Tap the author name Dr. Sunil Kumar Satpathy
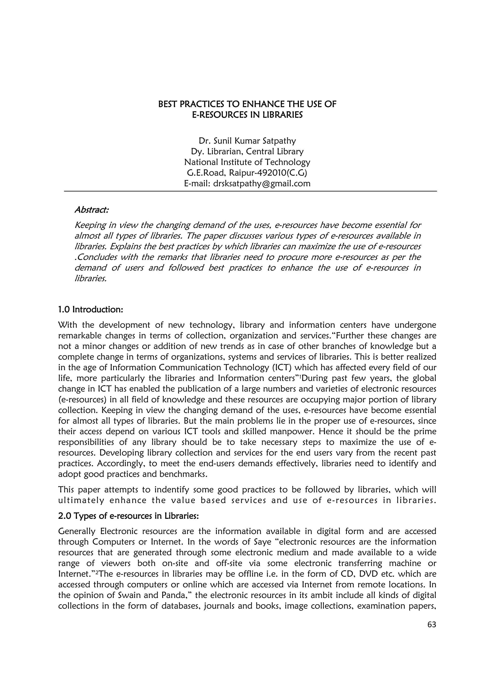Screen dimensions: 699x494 (247, 141)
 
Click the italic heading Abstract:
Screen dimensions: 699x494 (92, 210)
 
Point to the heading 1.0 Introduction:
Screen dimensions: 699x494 (90, 310)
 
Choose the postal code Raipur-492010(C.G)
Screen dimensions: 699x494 (268, 173)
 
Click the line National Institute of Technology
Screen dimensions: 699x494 (247, 162)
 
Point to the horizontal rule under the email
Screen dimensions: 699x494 (250, 191)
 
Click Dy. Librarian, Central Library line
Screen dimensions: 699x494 (247, 152)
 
